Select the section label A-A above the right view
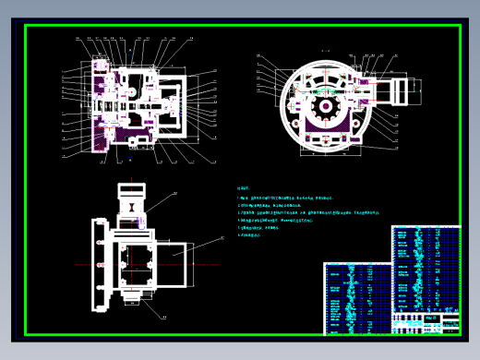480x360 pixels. (325, 52)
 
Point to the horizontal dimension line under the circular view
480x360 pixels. (325, 156)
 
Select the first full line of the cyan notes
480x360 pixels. (286, 198)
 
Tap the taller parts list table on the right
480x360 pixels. (426, 268)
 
